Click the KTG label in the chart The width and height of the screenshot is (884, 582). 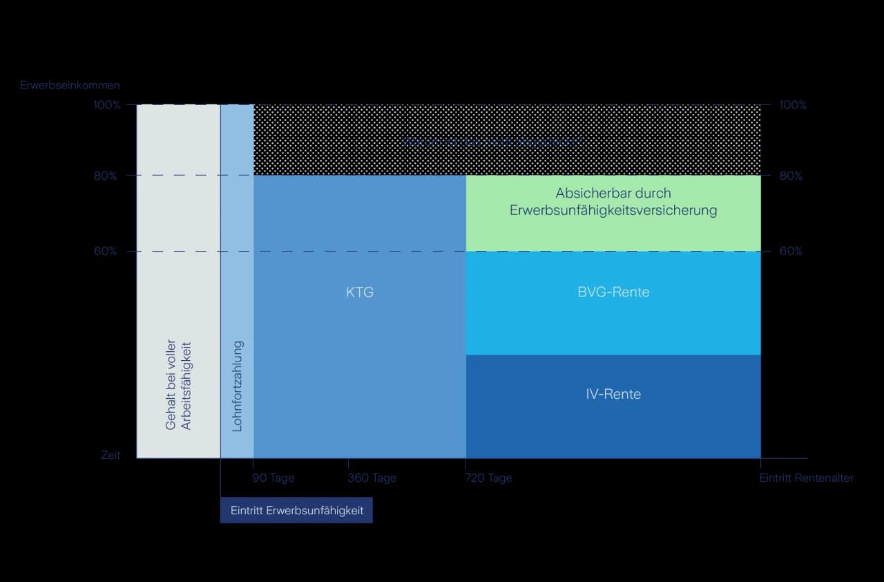click(x=360, y=292)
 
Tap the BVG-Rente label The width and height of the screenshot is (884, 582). click(x=613, y=292)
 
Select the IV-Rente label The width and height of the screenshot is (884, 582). click(x=613, y=395)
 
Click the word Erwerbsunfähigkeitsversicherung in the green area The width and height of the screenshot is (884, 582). click(x=613, y=210)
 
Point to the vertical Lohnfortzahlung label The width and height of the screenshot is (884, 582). click(x=238, y=386)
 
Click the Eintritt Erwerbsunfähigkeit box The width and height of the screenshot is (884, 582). click(x=296, y=510)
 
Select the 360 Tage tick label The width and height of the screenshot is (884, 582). click(x=372, y=478)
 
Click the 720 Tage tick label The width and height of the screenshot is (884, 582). click(x=488, y=478)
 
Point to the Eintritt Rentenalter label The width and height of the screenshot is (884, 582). click(x=806, y=478)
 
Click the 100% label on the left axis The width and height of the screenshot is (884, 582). click(x=107, y=105)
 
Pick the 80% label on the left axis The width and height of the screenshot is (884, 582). click(x=106, y=176)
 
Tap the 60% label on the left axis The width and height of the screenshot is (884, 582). click(x=106, y=252)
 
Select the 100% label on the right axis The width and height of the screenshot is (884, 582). click(x=793, y=105)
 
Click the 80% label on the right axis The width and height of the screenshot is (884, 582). click(x=791, y=176)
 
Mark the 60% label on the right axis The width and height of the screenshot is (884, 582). click(x=791, y=252)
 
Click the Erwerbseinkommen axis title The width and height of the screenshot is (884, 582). click(x=70, y=86)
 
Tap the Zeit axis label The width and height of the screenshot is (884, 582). click(x=110, y=456)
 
